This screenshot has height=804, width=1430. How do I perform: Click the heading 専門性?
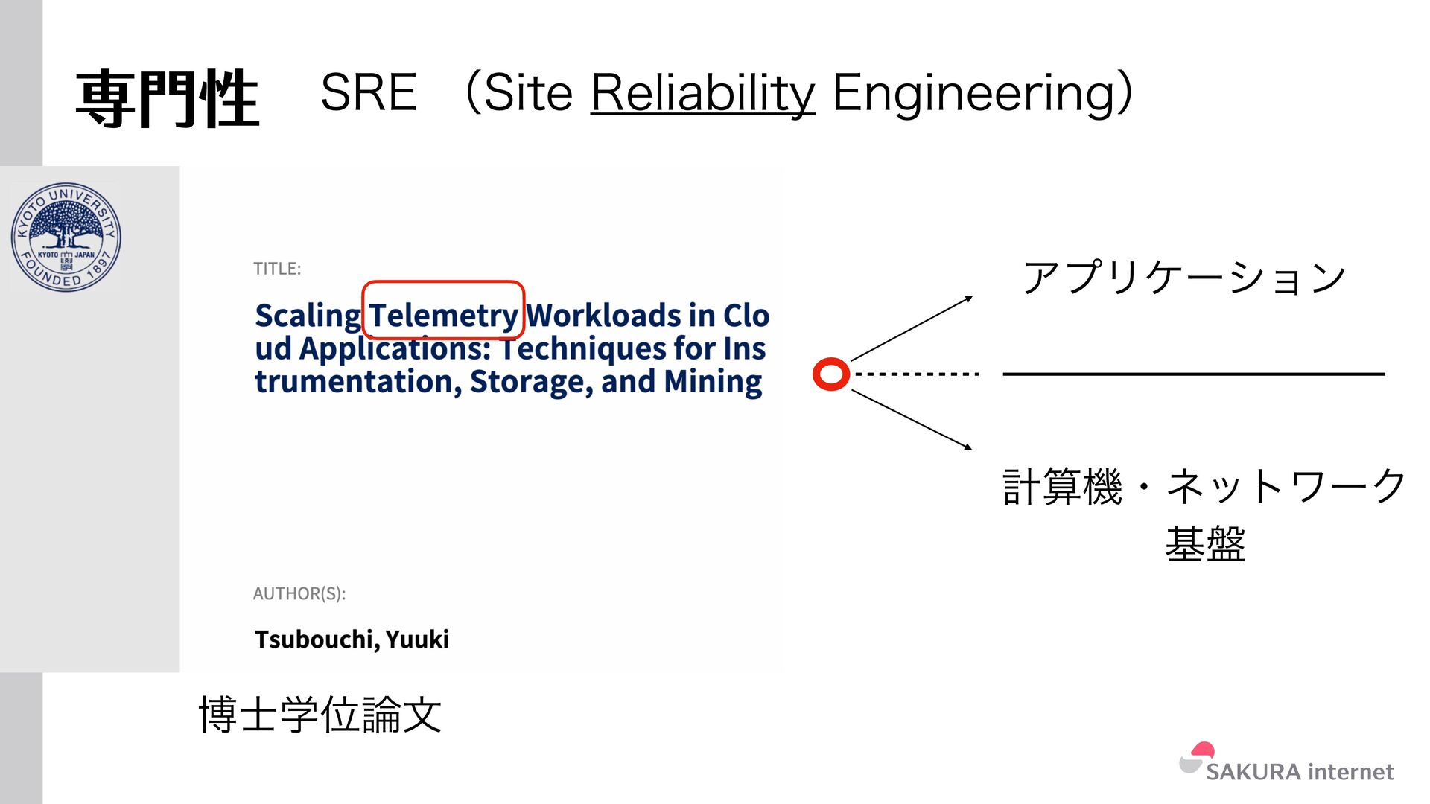[167, 99]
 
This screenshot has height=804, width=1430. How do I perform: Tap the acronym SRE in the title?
[369, 94]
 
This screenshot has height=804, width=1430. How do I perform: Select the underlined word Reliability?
[703, 94]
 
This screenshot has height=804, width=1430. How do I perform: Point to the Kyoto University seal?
[66, 237]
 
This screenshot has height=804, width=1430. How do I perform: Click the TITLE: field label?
[277, 269]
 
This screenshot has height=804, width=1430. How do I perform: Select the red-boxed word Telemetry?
[444, 315]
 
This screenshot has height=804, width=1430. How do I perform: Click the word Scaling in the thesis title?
[308, 316]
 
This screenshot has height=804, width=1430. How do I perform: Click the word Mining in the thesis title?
[713, 382]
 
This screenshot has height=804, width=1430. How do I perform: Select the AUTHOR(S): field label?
[299, 593]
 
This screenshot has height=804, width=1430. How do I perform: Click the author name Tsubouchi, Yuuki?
[352, 639]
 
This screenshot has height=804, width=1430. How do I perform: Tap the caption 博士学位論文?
[320, 715]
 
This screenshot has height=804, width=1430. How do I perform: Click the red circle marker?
[831, 374]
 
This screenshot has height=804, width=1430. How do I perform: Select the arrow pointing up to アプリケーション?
[912, 328]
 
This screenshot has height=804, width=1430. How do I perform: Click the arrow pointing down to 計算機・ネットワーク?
[912, 420]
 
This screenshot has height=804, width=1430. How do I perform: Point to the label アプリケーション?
[1184, 278]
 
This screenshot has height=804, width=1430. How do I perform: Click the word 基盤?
[1204, 543]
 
